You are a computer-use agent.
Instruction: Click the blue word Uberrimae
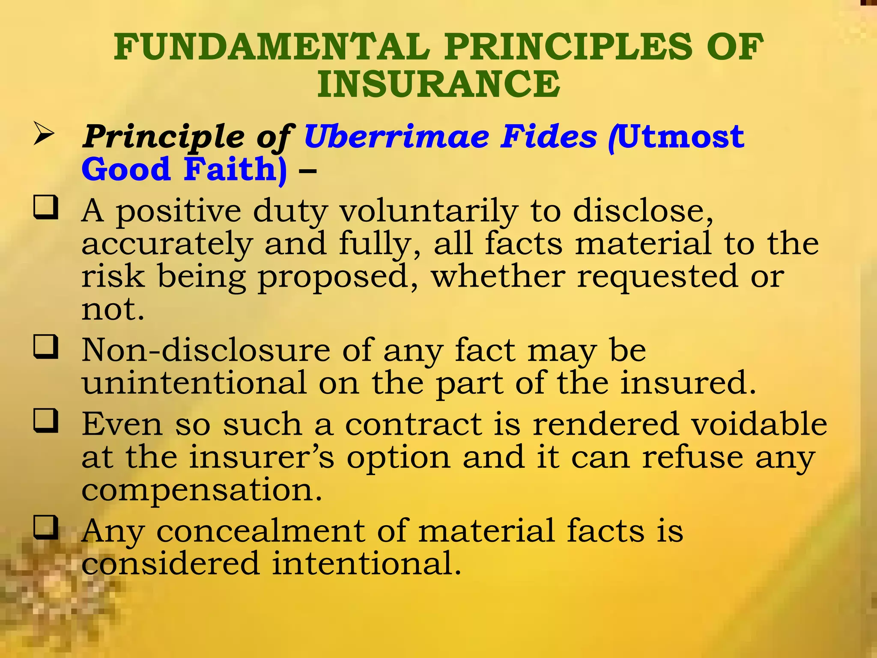[x=397, y=137]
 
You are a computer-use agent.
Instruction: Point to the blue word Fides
[x=549, y=137]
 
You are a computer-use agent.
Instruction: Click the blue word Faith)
[x=235, y=170]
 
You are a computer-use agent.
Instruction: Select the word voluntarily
[x=429, y=212]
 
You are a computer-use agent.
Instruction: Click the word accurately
[x=167, y=244]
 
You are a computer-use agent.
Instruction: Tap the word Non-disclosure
[x=206, y=350]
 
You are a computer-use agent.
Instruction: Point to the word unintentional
[x=194, y=383]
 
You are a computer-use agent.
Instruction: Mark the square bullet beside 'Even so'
[x=46, y=421]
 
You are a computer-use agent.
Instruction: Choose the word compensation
[x=201, y=490]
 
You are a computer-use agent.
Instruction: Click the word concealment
[x=260, y=531]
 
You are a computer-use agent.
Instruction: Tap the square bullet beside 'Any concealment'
[x=46, y=527]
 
